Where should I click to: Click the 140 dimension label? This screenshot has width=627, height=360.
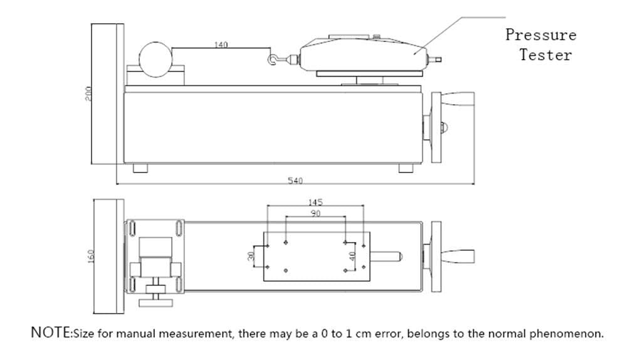coord(221,45)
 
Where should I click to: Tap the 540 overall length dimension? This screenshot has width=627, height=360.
coord(295,181)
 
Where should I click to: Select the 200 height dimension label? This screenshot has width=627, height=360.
coord(89,93)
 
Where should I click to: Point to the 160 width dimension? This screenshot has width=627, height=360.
coord(90,257)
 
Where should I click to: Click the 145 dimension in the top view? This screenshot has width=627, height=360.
coord(315,202)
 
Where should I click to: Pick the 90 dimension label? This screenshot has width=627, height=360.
coord(315,214)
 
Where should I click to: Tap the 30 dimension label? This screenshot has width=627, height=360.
coord(251,256)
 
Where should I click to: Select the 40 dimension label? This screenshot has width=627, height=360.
coord(352,256)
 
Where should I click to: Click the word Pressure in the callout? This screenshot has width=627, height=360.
coord(540,34)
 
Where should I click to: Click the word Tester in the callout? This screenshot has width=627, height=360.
coord(545,55)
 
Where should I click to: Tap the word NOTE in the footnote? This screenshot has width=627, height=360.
coord(51,332)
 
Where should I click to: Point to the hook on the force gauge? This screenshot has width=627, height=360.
coord(272,60)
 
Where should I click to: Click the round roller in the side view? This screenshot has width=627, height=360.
coord(155,60)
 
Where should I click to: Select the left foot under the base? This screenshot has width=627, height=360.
coord(140,168)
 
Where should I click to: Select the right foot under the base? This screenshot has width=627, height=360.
coord(406,168)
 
